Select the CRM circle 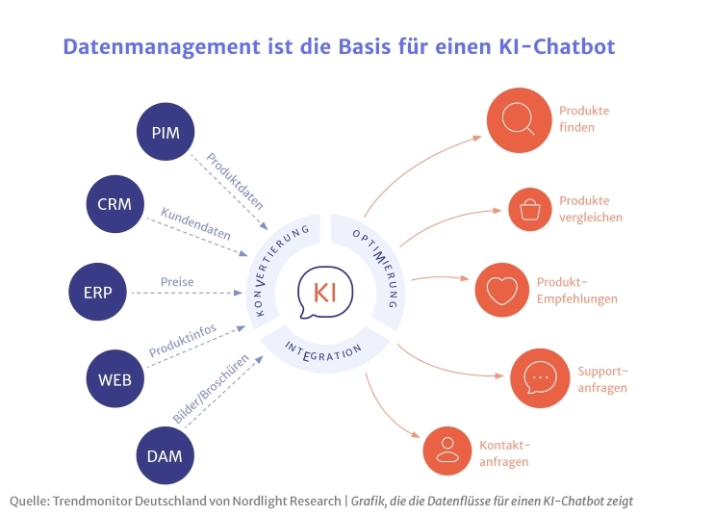pyautogui.click(x=115, y=203)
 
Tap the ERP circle pyautogui.click(x=98, y=291)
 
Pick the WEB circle pyautogui.click(x=115, y=377)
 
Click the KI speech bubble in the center pyautogui.click(x=324, y=292)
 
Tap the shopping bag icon pyautogui.click(x=530, y=209)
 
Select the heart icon pyautogui.click(x=501, y=290)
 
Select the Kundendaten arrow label pyautogui.click(x=195, y=224)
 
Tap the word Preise pyautogui.click(x=178, y=282)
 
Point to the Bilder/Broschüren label pyautogui.click(x=212, y=388)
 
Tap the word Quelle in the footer pyautogui.click(x=29, y=501)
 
